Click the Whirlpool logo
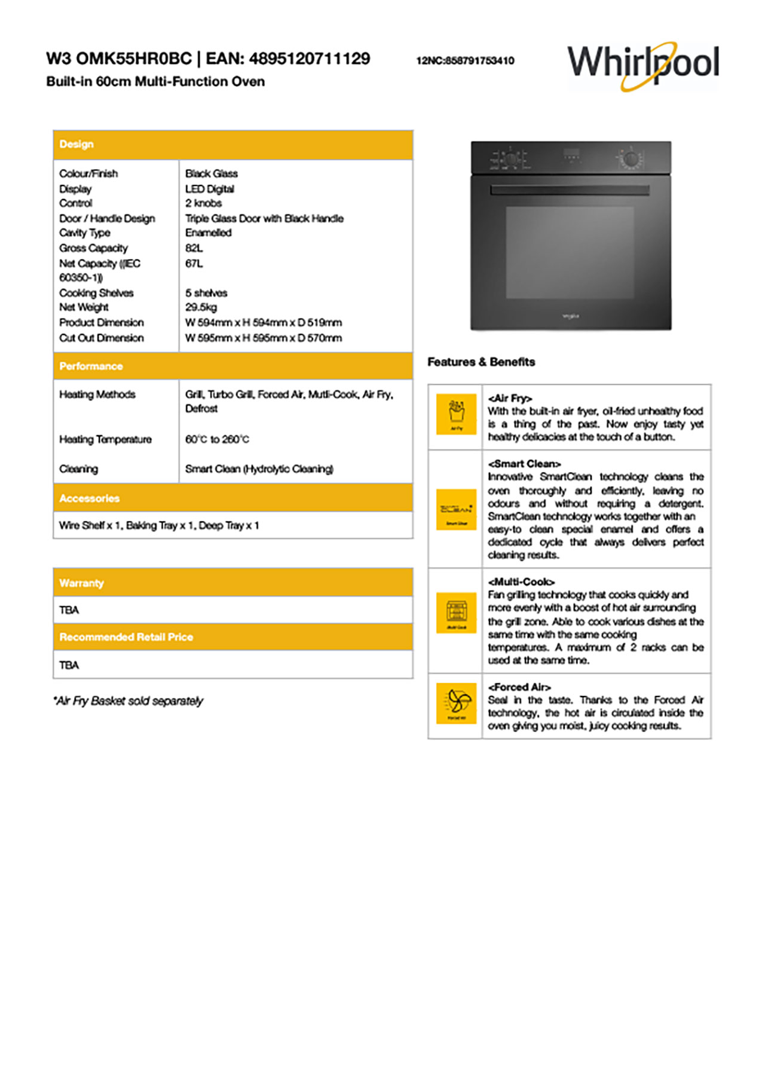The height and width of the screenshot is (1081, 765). point(643,64)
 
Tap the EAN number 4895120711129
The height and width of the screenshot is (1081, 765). point(310,59)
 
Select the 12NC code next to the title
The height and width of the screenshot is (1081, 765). point(465,60)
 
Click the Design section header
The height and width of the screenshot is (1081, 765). point(76,144)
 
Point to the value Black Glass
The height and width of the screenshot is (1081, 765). point(212,173)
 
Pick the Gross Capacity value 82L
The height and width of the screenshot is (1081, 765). point(194,248)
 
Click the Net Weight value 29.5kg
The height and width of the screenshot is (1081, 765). point(201,307)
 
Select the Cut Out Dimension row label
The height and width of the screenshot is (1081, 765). point(102,338)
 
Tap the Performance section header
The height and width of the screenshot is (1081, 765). point(91,366)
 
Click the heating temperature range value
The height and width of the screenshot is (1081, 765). point(217,439)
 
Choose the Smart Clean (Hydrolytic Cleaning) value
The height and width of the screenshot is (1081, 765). point(259,469)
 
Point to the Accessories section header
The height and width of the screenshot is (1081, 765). point(89,498)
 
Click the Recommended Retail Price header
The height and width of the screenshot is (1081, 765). point(126,637)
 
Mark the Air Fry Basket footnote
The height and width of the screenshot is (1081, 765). point(128,701)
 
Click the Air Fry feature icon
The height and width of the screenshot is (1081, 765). point(456,414)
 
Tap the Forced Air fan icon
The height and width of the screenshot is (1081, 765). point(456,703)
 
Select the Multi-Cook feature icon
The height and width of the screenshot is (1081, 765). point(456,612)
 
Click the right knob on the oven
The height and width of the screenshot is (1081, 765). point(630,159)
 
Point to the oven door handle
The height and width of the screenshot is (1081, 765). point(570,190)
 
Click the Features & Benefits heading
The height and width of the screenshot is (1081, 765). point(481,362)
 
